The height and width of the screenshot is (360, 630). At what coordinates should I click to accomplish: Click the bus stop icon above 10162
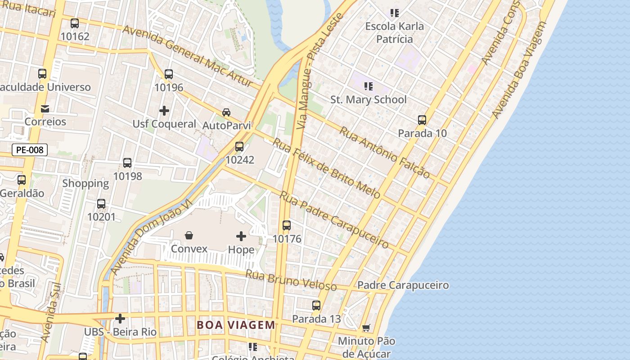tap(75, 23)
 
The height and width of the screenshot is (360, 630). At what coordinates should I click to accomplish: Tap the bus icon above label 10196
tap(169, 74)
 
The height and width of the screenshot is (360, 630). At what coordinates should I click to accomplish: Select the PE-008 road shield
tap(30, 150)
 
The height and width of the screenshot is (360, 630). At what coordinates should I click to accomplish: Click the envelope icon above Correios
tap(45, 108)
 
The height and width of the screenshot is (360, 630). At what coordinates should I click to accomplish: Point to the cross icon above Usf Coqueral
tap(164, 110)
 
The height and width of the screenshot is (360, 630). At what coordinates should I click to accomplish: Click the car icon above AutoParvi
tap(226, 112)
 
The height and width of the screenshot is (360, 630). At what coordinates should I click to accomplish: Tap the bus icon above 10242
tap(239, 146)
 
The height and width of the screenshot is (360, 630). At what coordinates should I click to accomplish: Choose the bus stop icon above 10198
tap(127, 163)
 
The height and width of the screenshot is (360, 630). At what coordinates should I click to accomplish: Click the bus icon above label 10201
tap(101, 204)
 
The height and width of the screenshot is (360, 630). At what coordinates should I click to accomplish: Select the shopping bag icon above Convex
tap(189, 235)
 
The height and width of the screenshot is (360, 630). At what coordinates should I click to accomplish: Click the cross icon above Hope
tap(241, 236)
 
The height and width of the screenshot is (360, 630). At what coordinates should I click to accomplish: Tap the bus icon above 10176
tap(287, 225)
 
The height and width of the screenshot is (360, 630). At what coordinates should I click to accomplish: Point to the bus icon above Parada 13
tap(316, 306)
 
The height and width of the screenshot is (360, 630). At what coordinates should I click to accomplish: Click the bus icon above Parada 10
tap(422, 120)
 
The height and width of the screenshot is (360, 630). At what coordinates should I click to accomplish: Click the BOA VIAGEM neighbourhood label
tap(236, 325)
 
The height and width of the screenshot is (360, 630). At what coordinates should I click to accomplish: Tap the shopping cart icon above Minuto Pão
tap(366, 328)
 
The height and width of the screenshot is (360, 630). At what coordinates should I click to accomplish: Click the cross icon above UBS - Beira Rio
tap(120, 319)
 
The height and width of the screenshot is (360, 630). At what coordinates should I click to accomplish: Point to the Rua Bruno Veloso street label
tap(292, 280)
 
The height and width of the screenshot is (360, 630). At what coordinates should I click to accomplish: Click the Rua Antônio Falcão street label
tap(384, 152)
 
